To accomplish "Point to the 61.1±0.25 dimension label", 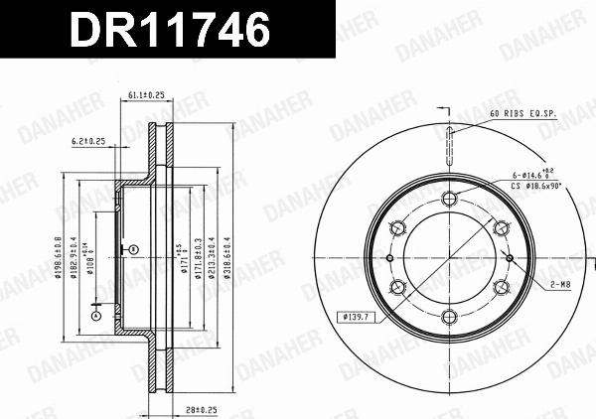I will coord(145,94).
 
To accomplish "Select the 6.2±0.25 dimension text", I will coord(90,141).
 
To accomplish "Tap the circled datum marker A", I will coord(95,317).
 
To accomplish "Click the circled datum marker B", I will coord(133,248).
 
